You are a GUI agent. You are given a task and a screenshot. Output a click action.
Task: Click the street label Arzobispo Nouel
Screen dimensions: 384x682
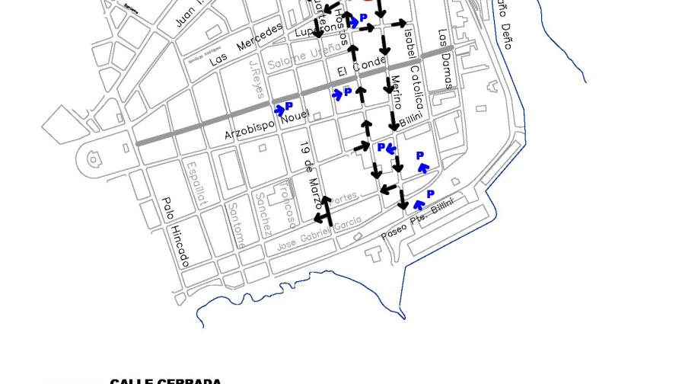pyautogui.click(x=266, y=125)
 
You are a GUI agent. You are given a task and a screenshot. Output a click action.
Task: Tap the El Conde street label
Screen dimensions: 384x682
pyautogui.click(x=362, y=67)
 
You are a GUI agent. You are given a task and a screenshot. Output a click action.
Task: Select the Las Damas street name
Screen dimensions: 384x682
pyautogui.click(x=445, y=59)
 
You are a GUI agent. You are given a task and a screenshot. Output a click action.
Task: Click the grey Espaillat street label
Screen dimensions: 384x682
pyautogui.click(x=196, y=183)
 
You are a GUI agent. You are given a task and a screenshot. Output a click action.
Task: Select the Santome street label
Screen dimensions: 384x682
pyautogui.click(x=237, y=225)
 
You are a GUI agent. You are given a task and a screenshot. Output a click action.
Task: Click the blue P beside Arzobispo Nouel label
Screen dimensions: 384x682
pyautogui.click(x=289, y=107)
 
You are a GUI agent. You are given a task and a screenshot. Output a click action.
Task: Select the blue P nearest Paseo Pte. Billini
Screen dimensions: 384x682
pyautogui.click(x=430, y=195)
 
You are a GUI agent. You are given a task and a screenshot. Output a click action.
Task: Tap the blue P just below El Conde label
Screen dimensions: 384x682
pyautogui.click(x=348, y=91)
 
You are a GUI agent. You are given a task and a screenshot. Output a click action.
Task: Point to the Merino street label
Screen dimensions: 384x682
pyautogui.click(x=396, y=91)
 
